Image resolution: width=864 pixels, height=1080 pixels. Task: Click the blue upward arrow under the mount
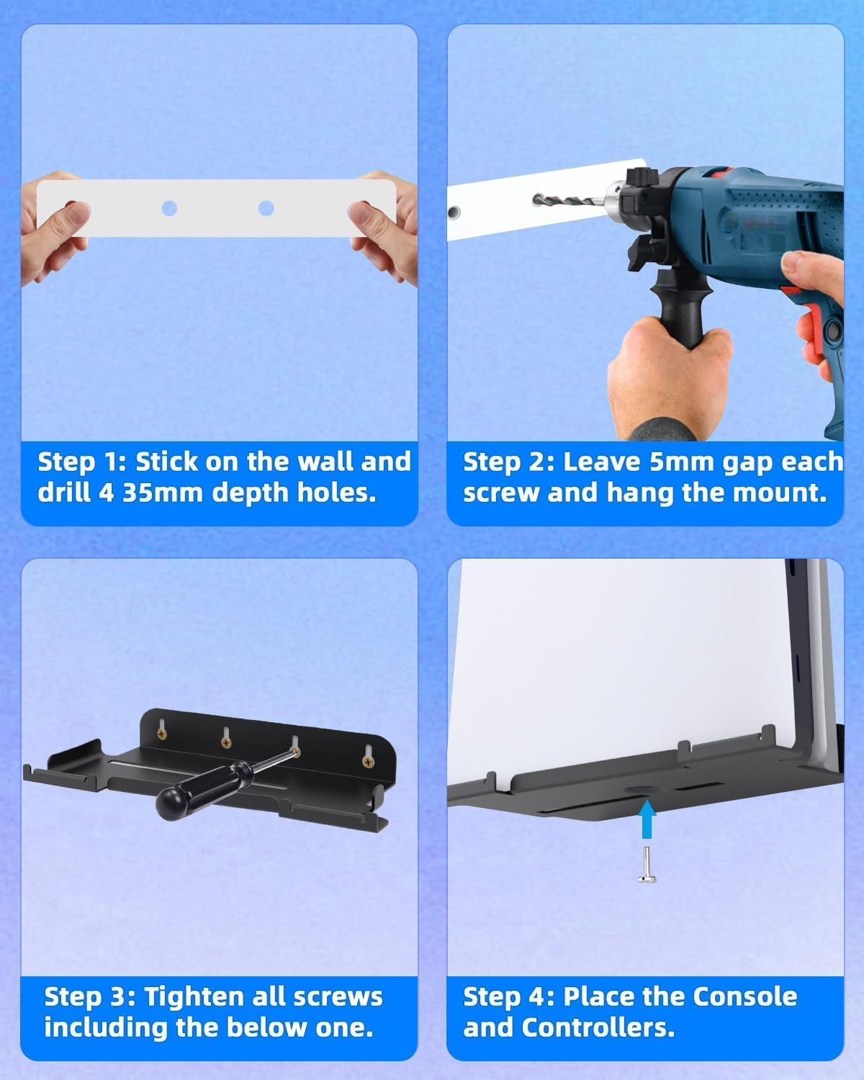(647, 821)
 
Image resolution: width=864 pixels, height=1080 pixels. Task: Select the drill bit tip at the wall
(537, 198)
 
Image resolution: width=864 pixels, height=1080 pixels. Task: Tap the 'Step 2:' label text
(508, 462)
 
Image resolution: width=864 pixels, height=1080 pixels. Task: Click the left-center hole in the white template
(169, 209)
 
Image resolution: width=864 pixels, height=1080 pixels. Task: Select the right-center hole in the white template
(266, 209)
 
